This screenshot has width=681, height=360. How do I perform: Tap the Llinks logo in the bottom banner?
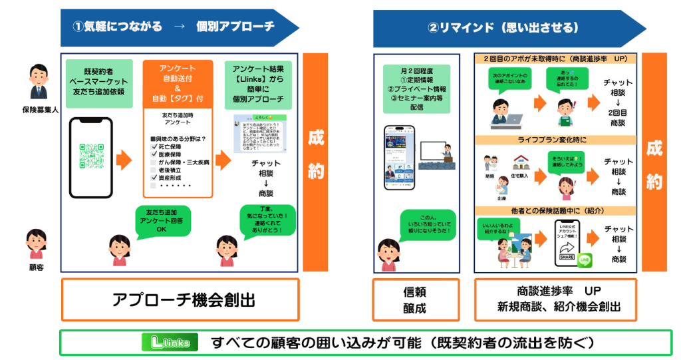coord(170,343)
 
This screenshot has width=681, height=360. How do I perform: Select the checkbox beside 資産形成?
coord(154,178)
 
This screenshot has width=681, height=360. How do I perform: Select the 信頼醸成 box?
coord(415,299)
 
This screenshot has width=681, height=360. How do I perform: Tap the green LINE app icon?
coord(585,259)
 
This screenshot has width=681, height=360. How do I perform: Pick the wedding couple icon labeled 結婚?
coord(490,166)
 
